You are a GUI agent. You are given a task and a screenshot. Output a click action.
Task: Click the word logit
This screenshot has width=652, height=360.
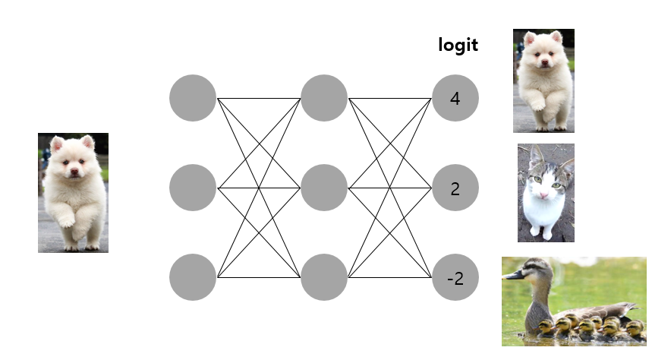click(458, 45)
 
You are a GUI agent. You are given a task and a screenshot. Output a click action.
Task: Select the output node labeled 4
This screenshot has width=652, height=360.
click(455, 98)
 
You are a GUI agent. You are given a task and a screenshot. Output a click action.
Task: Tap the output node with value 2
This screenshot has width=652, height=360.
click(455, 188)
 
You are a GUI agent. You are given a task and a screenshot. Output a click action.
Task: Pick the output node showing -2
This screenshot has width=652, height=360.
click(455, 277)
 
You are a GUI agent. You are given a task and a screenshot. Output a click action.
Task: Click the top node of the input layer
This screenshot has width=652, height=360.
click(193, 98)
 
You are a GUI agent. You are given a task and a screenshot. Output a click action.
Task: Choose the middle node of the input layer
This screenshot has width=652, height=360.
click(193, 188)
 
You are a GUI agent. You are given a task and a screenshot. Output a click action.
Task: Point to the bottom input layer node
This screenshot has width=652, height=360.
click(193, 277)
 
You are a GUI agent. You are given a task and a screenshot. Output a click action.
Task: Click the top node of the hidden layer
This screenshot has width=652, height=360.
click(324, 98)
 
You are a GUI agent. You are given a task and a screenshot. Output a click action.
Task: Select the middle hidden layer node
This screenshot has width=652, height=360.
click(324, 188)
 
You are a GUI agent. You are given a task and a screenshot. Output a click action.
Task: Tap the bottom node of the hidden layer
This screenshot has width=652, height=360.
click(324, 277)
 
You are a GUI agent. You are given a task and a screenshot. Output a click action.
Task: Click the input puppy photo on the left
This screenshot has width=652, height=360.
click(73, 192)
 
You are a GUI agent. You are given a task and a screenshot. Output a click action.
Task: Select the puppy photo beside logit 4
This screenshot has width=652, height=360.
click(543, 81)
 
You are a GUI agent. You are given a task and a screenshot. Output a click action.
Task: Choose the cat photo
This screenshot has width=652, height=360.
click(546, 193)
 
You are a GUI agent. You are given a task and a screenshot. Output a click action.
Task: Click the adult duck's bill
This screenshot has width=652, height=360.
click(514, 274)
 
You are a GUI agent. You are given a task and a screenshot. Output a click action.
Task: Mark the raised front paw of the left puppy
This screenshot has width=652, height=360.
click(67, 221)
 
